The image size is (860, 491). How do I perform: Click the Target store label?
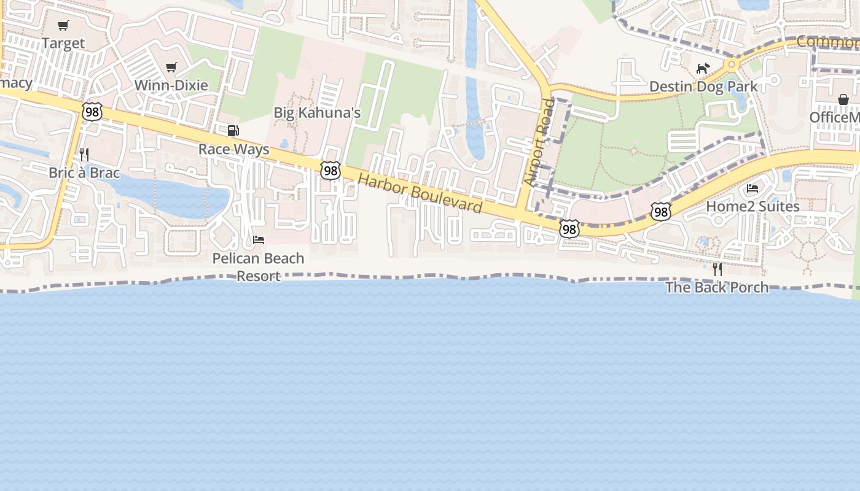63,44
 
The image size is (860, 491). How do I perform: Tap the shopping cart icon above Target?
63,26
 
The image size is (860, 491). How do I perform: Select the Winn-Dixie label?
171,85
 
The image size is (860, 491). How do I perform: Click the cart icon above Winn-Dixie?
171,68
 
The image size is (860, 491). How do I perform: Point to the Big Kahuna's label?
317,113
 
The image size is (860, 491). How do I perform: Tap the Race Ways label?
233,149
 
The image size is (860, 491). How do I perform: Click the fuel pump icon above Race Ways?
233,131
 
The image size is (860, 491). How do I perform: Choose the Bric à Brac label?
84,172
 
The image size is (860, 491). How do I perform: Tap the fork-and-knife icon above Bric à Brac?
84,155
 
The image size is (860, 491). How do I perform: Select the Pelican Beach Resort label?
258,267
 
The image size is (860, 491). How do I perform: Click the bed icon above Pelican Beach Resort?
259,240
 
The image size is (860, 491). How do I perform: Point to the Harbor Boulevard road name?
420,193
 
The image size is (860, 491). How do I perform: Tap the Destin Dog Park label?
703,87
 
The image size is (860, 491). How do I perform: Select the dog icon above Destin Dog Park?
703,68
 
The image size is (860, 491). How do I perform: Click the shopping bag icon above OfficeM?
843,99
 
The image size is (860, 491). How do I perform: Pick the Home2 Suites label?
752,206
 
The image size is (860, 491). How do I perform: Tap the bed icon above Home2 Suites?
752,188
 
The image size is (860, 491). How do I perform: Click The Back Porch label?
717,287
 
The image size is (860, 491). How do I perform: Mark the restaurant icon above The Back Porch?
717,269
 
